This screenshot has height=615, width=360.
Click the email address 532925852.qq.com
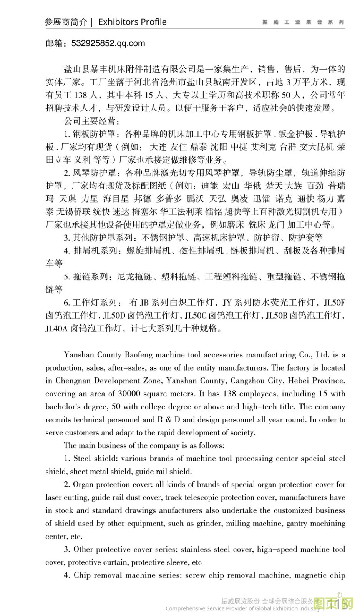tap(108, 43)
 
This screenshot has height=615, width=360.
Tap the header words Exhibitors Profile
tap(132, 22)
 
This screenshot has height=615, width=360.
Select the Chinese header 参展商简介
tap(66, 22)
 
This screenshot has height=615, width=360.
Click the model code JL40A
tap(56, 329)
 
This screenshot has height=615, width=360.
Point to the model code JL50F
tap(335, 303)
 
